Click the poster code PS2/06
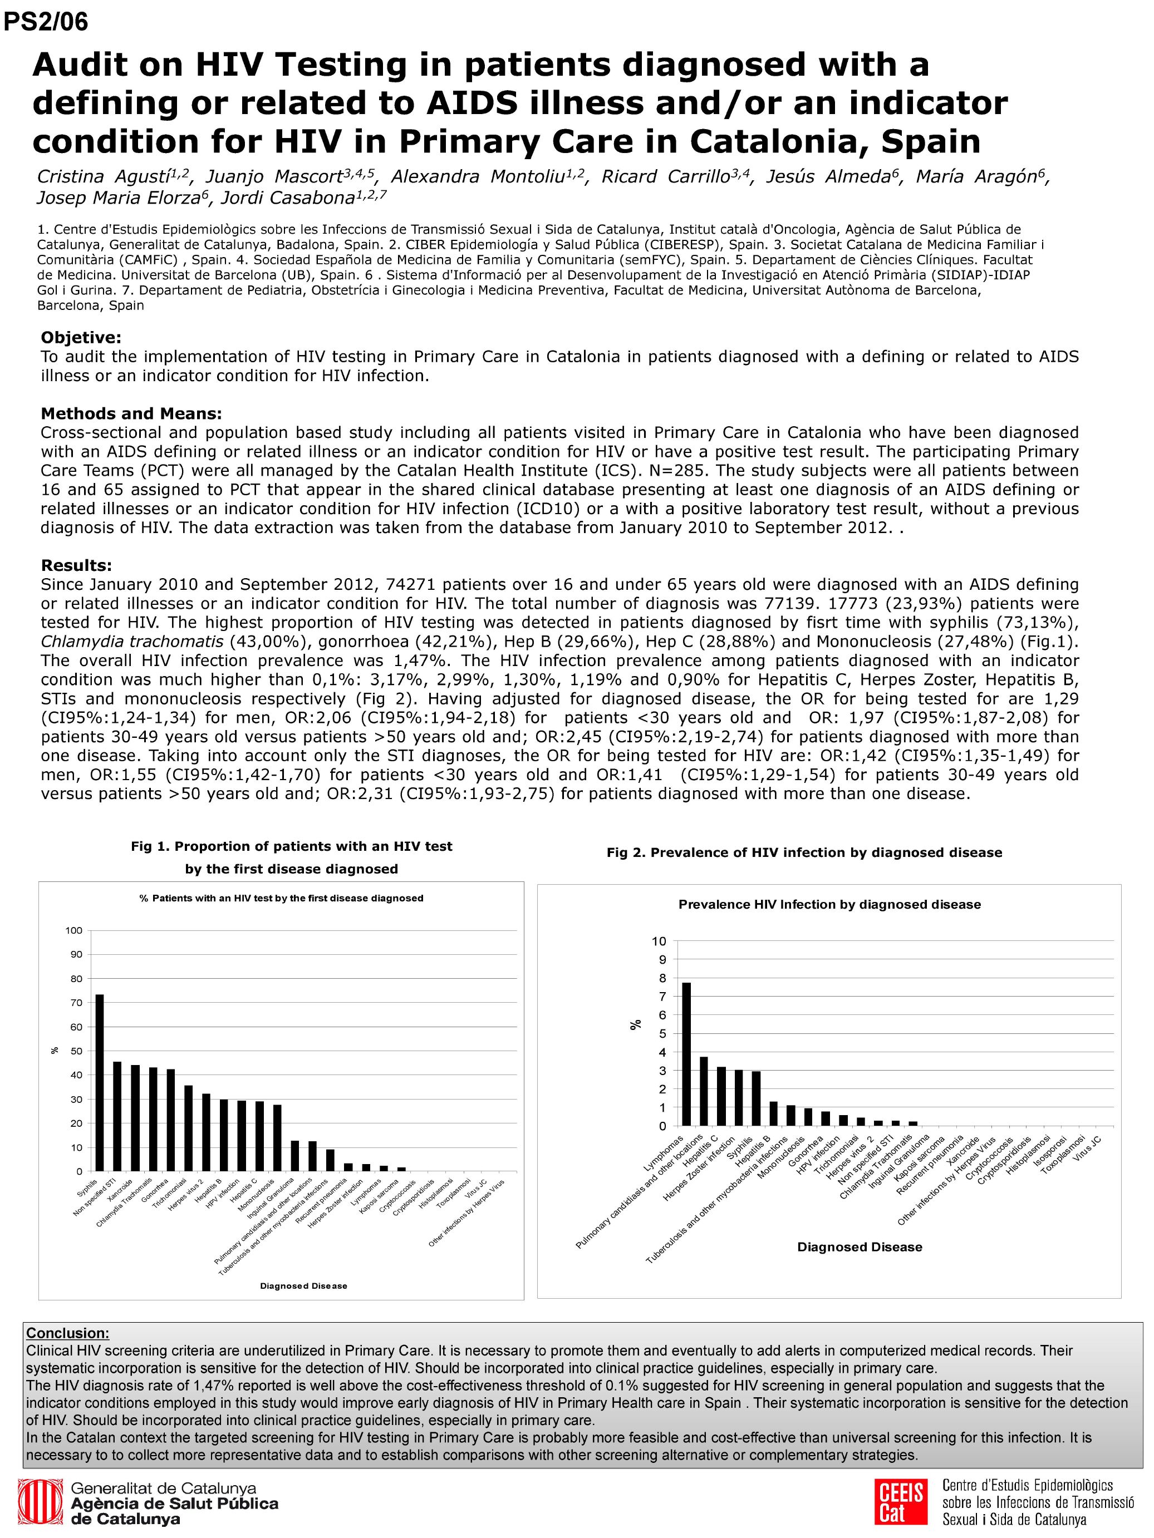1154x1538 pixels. click(x=46, y=22)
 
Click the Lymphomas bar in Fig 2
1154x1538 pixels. click(x=686, y=1053)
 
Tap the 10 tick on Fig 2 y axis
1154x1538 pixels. click(x=658, y=941)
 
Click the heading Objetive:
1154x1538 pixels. click(x=81, y=338)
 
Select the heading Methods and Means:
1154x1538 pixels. click(x=131, y=413)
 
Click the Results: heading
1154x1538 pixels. click(x=76, y=565)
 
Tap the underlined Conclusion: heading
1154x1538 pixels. click(x=67, y=1333)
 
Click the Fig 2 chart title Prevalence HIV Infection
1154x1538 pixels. click(x=829, y=905)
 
